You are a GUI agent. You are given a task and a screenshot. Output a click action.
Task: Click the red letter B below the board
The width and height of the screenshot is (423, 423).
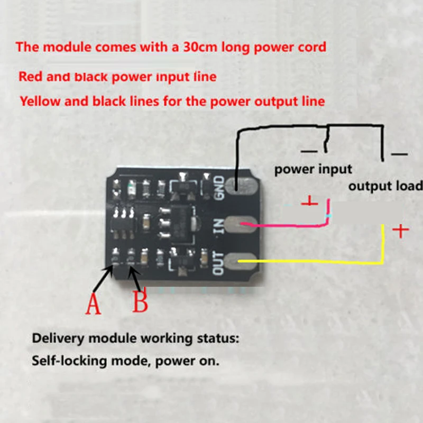[x=140, y=302]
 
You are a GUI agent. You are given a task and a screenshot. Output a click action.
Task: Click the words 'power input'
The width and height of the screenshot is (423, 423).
[x=312, y=169]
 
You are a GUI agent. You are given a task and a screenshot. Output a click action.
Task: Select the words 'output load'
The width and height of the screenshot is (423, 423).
[x=385, y=186]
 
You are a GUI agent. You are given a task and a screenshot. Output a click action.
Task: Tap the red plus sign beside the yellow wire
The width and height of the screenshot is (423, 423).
[x=400, y=231]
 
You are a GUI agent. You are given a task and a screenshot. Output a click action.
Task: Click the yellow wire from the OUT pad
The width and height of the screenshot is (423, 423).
[x=317, y=261]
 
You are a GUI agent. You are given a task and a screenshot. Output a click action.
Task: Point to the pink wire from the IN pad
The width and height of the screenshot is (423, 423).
[x=291, y=226]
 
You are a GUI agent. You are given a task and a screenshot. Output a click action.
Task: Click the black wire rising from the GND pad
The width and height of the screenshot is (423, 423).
[x=237, y=153]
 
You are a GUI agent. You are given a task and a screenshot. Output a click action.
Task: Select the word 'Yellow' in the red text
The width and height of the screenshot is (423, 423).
[x=40, y=100]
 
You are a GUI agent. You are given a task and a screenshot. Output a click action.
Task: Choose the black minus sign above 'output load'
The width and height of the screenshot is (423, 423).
[x=399, y=154]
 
